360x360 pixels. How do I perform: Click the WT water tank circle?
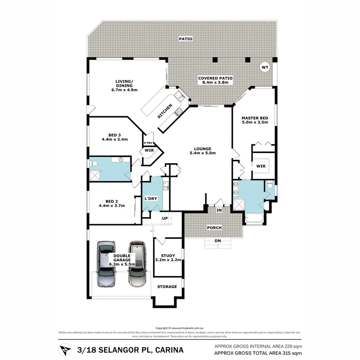(265, 67)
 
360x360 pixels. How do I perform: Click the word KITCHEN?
(165, 111)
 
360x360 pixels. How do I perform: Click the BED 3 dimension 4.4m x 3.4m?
(115, 139)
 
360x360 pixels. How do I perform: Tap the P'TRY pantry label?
(148, 143)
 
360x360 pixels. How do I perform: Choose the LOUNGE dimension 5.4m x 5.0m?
(202, 153)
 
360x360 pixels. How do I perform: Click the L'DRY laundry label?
(151, 199)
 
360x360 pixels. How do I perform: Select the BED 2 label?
(112, 201)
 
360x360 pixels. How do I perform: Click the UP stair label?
(165, 218)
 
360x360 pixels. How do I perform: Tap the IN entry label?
(219, 211)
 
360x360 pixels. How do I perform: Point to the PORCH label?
(214, 228)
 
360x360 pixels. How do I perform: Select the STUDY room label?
(168, 255)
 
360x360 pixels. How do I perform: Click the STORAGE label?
(167, 287)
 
